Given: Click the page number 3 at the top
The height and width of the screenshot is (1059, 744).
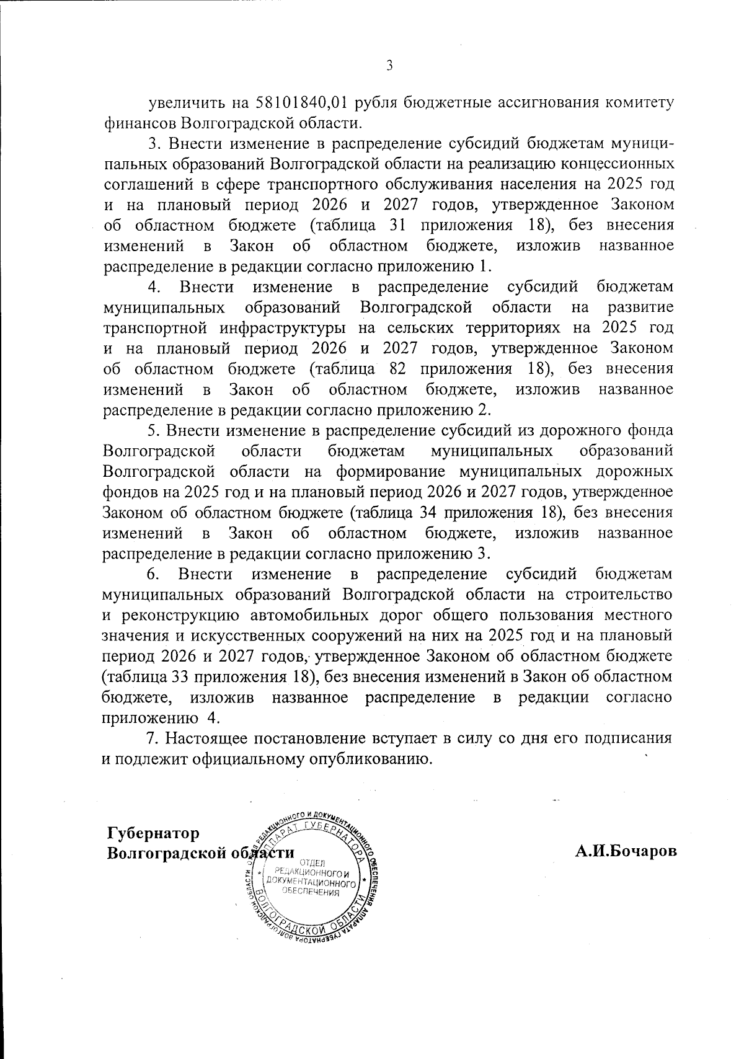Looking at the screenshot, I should [389, 66].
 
